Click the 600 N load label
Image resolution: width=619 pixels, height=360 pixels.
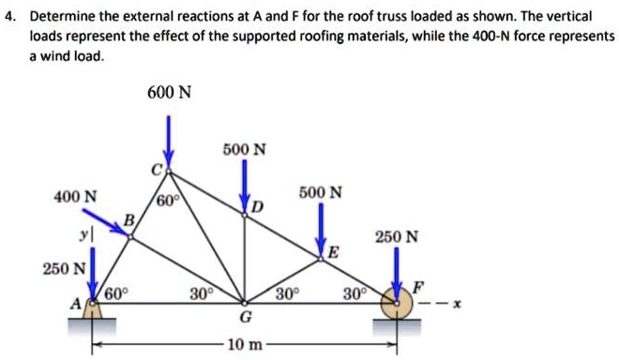tap(169, 93)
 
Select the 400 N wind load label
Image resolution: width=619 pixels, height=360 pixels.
tap(74, 197)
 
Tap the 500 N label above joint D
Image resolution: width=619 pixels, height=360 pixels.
tap(244, 149)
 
